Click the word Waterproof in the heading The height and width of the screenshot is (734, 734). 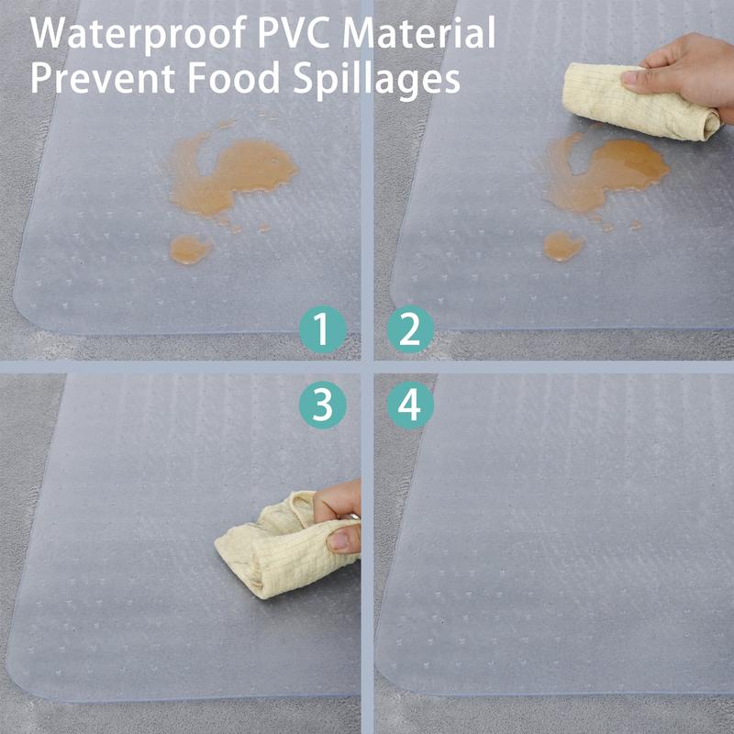[x=139, y=33]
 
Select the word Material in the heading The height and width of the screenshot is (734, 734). [x=419, y=32]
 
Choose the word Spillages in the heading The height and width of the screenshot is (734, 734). [x=376, y=80]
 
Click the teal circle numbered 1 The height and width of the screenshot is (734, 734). [x=323, y=329]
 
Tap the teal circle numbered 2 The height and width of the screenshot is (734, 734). [x=410, y=329]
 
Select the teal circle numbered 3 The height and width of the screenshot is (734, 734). [x=323, y=406]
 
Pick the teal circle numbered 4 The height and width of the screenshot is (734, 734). [x=410, y=406]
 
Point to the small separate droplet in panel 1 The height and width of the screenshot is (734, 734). [x=190, y=249]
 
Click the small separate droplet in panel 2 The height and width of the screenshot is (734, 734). [x=563, y=246]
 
